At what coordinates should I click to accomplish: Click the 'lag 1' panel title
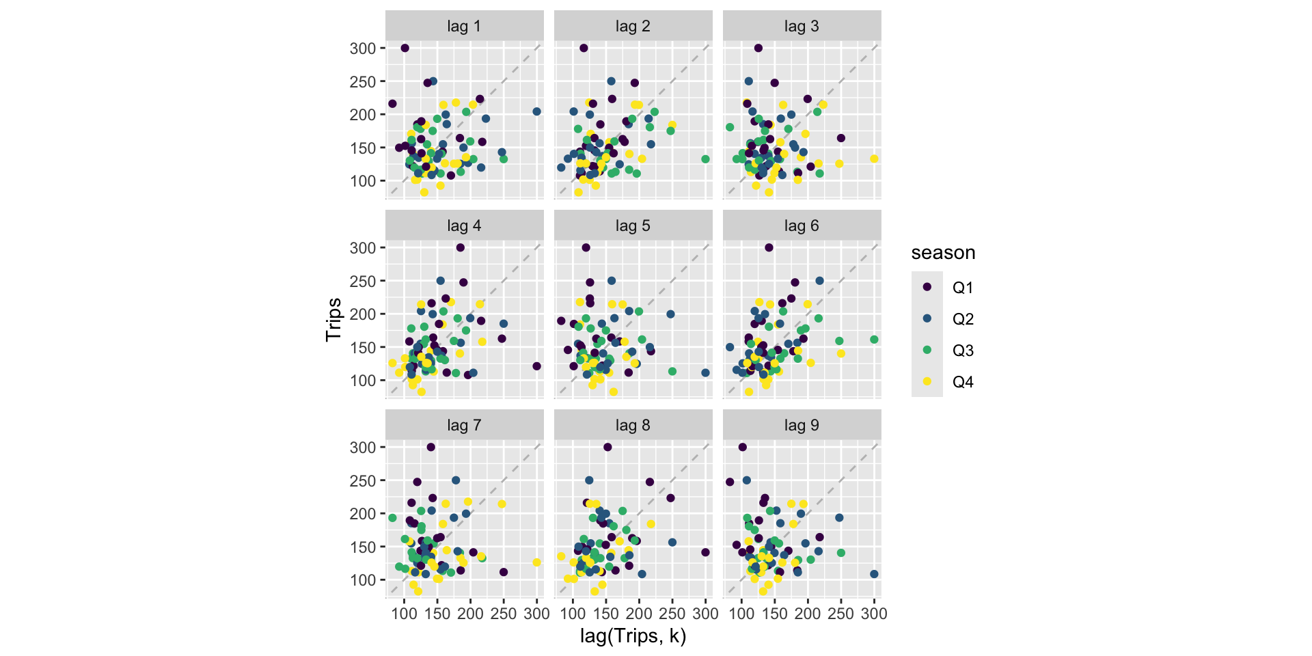tap(464, 27)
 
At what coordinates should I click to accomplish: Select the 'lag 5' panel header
tap(633, 226)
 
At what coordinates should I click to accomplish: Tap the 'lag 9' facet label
tap(802, 426)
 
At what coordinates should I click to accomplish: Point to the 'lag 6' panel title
tap(802, 226)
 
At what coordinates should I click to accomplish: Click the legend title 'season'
tap(943, 253)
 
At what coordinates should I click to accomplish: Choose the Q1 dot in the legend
tap(927, 287)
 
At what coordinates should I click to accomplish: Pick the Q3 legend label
tap(963, 351)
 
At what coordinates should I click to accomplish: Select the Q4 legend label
tap(963, 382)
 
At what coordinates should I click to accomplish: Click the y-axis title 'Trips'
tap(333, 320)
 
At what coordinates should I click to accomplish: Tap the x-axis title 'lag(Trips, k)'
tap(633, 636)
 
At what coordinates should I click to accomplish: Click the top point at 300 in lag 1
tap(405, 48)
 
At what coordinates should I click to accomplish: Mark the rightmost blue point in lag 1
tap(536, 111)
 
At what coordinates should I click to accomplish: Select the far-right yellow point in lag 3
tap(874, 159)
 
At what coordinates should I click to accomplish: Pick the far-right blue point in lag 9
tap(874, 574)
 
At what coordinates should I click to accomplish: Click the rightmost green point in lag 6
tap(874, 340)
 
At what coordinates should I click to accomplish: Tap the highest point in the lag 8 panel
tap(607, 447)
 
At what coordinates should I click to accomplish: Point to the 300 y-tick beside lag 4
tap(363, 248)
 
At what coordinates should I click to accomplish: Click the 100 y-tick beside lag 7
tap(363, 580)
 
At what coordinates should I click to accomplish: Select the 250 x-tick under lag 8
tap(672, 614)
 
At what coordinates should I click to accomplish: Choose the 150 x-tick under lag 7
tap(437, 614)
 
